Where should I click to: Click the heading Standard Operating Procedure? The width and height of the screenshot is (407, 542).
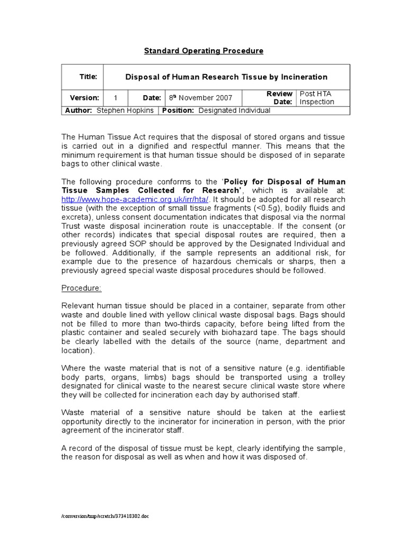(203, 51)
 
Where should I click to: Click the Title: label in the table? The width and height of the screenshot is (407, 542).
(89, 77)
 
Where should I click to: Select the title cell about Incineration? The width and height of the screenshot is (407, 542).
(226, 77)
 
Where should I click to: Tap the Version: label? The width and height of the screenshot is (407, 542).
(84, 98)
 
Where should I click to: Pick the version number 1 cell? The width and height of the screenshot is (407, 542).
(115, 98)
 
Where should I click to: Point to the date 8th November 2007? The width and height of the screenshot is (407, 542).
(200, 98)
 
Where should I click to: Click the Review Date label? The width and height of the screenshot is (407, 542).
(279, 98)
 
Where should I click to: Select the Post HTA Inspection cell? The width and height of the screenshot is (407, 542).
(317, 98)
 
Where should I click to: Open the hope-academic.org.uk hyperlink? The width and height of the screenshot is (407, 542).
(135, 198)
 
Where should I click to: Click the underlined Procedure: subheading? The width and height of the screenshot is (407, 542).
(81, 287)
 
